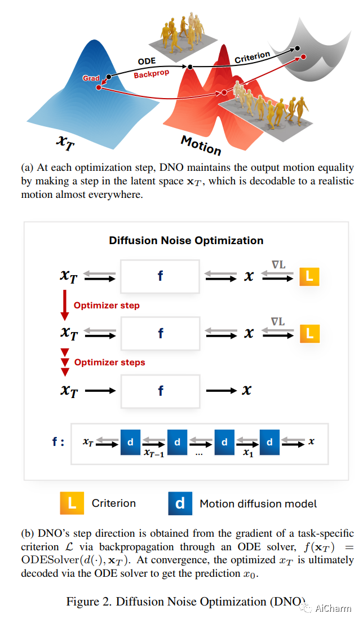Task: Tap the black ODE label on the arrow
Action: click(x=147, y=61)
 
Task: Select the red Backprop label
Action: click(x=152, y=74)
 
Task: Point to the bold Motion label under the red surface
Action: click(x=201, y=145)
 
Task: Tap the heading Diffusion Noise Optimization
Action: click(x=186, y=240)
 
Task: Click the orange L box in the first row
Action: click(x=309, y=276)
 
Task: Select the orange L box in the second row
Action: click(x=309, y=333)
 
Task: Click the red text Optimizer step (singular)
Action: click(x=107, y=305)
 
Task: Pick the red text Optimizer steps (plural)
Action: click(x=109, y=362)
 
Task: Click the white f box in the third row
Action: click(x=161, y=390)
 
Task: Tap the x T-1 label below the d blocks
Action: click(x=154, y=453)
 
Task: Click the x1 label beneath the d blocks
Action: click(x=247, y=453)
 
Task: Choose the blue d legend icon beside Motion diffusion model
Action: click(x=180, y=503)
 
